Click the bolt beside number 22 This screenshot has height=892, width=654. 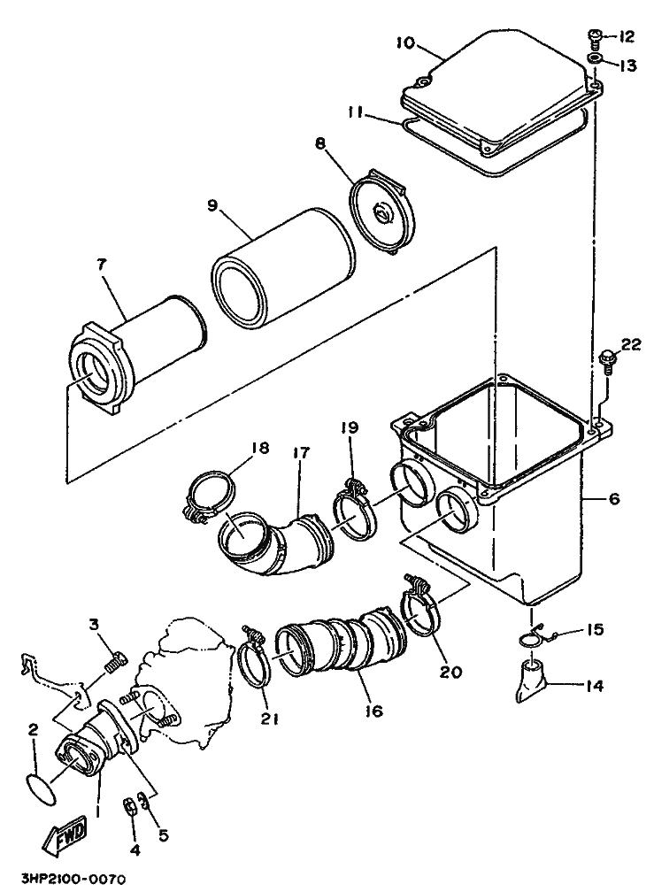[x=607, y=363]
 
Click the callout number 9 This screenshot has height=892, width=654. [x=212, y=204]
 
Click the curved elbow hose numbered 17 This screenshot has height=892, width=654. [x=274, y=542]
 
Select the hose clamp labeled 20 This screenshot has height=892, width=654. [x=424, y=604]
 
